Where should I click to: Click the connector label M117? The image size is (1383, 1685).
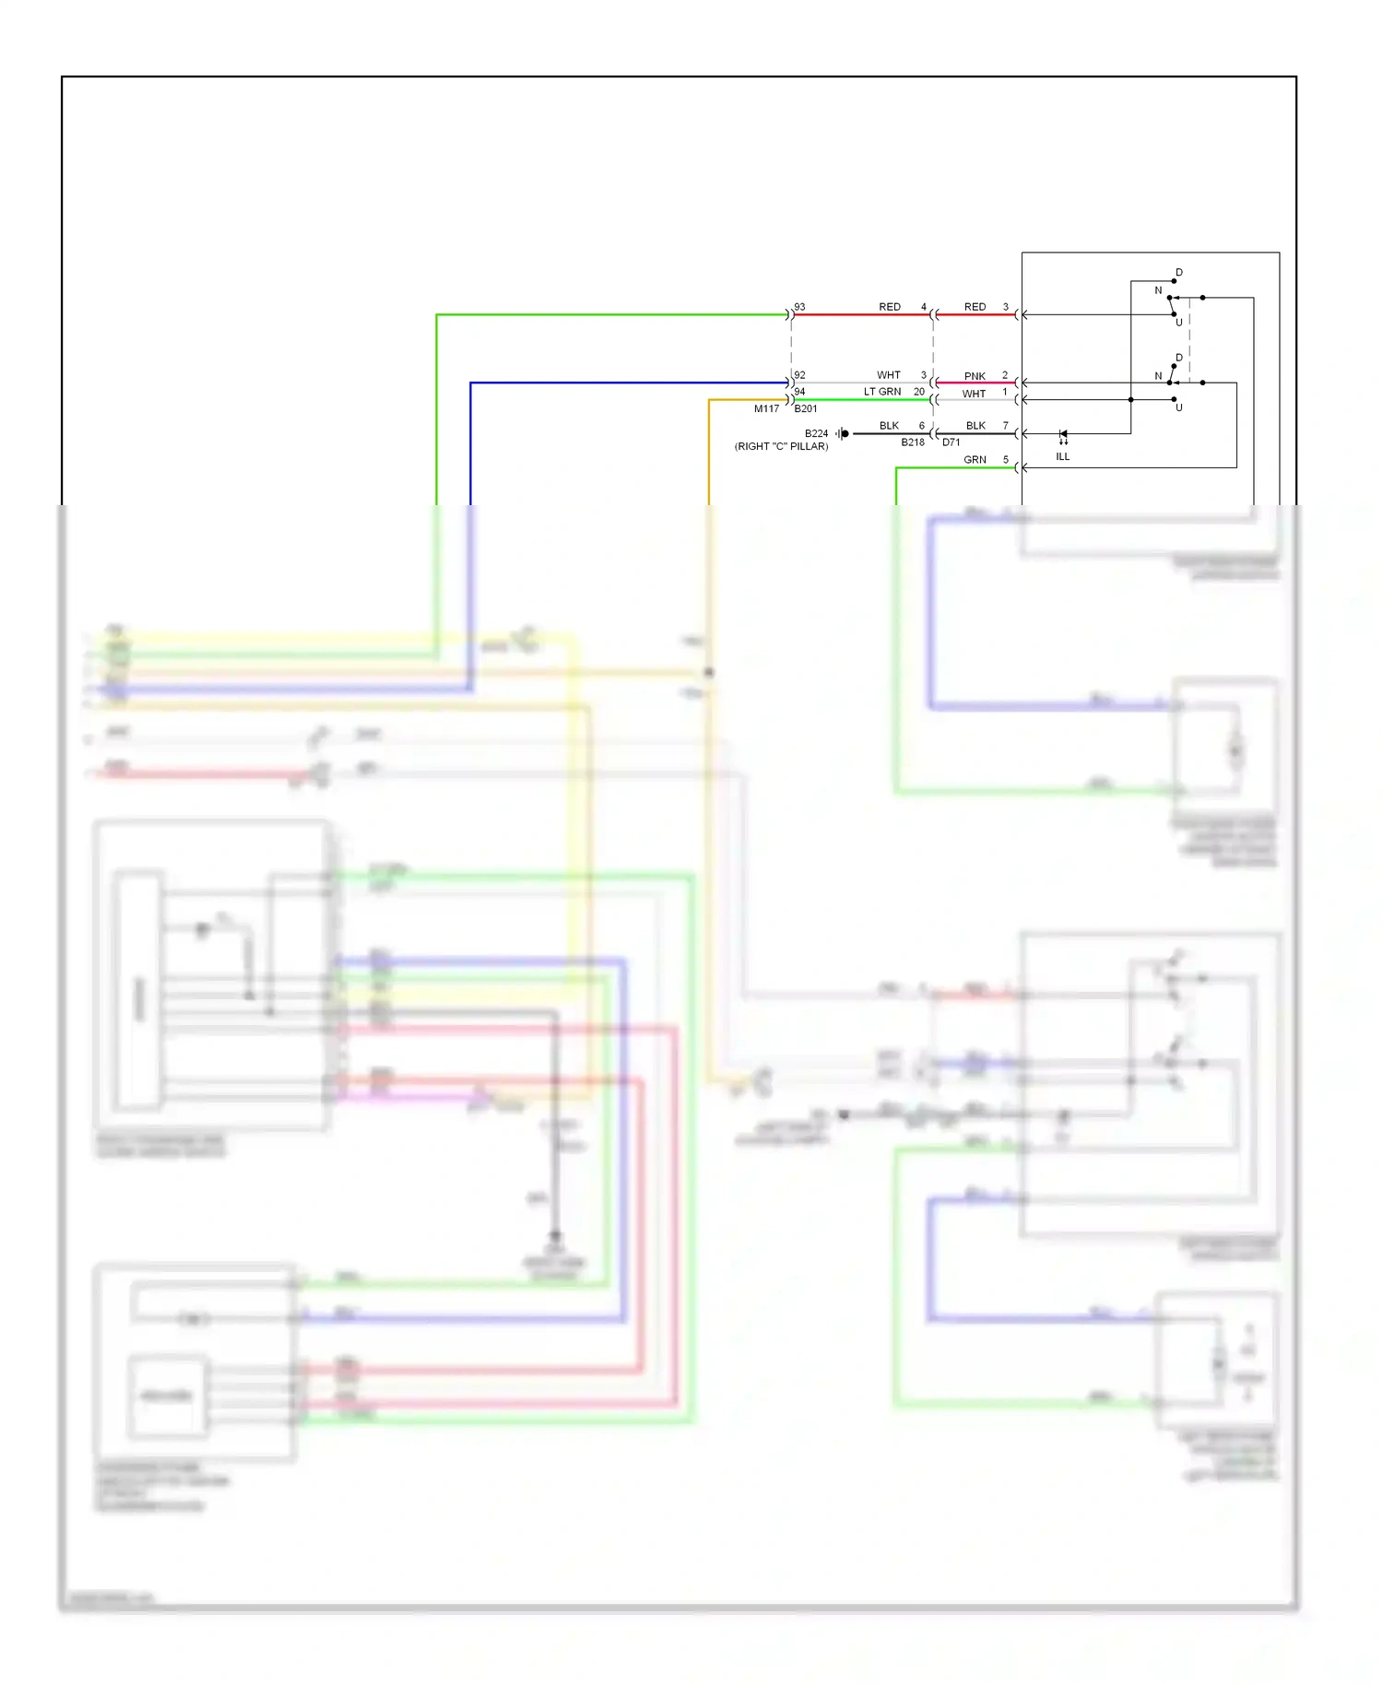(x=766, y=408)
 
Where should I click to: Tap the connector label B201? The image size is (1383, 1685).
(x=806, y=408)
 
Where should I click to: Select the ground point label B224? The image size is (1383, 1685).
(x=816, y=433)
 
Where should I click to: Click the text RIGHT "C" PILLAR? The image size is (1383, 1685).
(x=781, y=446)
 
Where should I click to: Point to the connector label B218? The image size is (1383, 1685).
(x=913, y=442)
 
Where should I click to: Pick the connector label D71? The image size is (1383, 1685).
(x=952, y=442)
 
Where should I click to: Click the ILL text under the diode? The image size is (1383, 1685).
(x=1063, y=456)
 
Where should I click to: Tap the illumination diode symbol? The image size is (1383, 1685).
(x=1063, y=434)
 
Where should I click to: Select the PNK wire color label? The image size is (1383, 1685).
(x=975, y=376)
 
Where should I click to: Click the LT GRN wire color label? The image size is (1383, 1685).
(x=882, y=392)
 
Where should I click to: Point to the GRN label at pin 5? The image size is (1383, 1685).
(x=975, y=460)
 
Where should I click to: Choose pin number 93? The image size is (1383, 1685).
(x=800, y=307)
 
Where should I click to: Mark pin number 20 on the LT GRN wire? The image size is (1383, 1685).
(x=919, y=392)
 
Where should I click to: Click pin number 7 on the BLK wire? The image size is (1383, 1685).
(x=1006, y=426)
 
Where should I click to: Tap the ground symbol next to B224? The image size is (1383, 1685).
(x=843, y=433)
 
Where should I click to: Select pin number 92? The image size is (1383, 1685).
(x=800, y=375)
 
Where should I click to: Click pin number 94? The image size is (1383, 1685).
(x=800, y=392)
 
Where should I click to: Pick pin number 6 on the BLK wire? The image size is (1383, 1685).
(x=921, y=426)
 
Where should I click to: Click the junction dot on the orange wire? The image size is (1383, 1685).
(x=709, y=672)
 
